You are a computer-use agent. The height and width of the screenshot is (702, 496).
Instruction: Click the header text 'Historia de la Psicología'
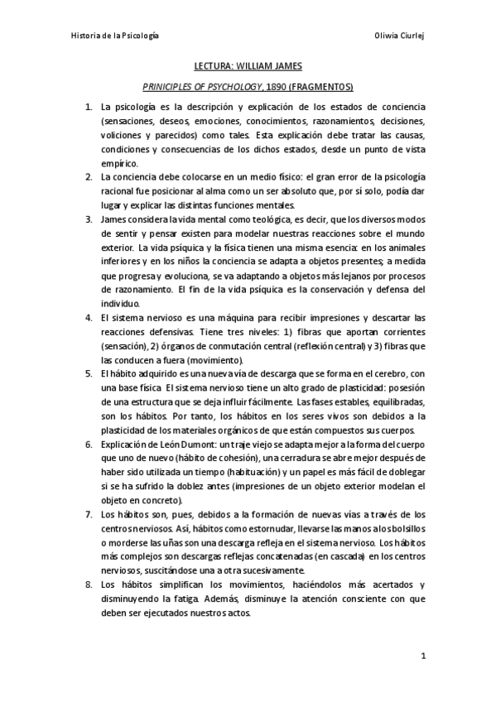point(115,37)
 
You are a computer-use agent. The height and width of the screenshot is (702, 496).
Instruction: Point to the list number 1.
point(89,108)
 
